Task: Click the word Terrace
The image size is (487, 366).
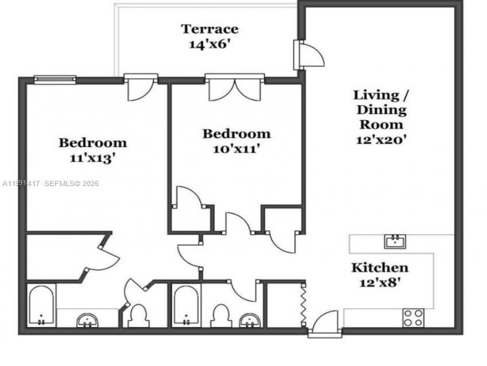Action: [209, 29]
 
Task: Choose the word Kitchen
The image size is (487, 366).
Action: [379, 268]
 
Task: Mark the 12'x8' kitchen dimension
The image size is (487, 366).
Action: [379, 282]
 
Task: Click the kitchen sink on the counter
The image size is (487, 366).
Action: [396, 241]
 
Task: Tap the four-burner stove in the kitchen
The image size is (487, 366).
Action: [413, 317]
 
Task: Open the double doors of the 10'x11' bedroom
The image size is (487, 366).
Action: [234, 88]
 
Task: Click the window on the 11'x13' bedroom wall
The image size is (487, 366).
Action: [55, 79]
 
